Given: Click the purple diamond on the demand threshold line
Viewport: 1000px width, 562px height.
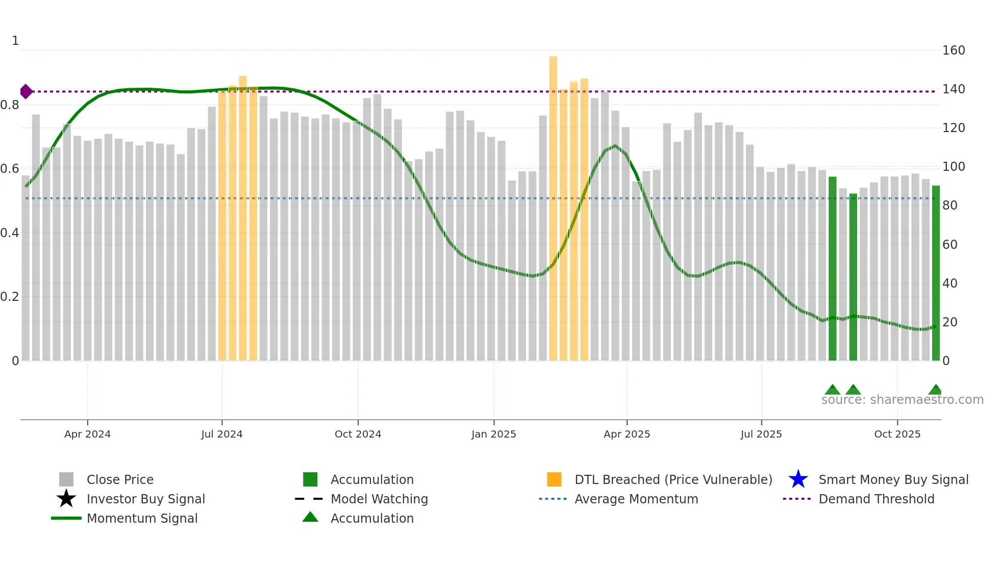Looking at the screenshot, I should pyautogui.click(x=26, y=92).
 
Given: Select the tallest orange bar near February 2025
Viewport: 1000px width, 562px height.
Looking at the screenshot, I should pyautogui.click(x=553, y=204).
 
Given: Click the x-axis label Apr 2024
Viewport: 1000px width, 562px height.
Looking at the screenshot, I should pyautogui.click(x=87, y=434).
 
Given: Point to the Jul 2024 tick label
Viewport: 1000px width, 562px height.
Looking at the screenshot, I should pyautogui.click(x=222, y=434).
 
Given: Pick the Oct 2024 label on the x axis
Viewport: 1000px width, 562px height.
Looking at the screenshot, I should pyautogui.click(x=358, y=434).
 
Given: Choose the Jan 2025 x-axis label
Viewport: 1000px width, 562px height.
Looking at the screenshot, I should pyautogui.click(x=493, y=434).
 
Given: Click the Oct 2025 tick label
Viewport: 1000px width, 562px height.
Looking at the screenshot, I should pyautogui.click(x=897, y=434).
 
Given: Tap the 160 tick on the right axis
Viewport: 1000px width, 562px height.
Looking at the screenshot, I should pyautogui.click(x=953, y=50).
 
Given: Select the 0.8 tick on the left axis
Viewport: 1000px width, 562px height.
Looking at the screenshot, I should pyautogui.click(x=10, y=105).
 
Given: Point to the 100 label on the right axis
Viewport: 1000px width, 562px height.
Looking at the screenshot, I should pyautogui.click(x=953, y=167).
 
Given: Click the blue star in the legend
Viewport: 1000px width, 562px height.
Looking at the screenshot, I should pyautogui.click(x=798, y=479).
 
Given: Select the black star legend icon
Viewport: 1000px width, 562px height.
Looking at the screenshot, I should pyautogui.click(x=66, y=499).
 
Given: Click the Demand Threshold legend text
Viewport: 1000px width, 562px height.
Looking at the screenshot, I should pyautogui.click(x=876, y=499).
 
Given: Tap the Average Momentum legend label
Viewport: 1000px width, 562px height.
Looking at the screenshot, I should pyautogui.click(x=636, y=499).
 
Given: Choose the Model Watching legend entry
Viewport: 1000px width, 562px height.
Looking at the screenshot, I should pyautogui.click(x=379, y=499).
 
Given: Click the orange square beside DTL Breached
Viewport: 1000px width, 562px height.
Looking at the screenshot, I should pyautogui.click(x=554, y=479).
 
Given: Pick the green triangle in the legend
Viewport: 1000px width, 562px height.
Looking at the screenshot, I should pyautogui.click(x=310, y=518).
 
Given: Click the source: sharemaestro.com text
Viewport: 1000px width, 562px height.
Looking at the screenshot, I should pyautogui.click(x=902, y=400).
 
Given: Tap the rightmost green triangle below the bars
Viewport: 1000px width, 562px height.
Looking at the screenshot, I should pyautogui.click(x=935, y=390).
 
